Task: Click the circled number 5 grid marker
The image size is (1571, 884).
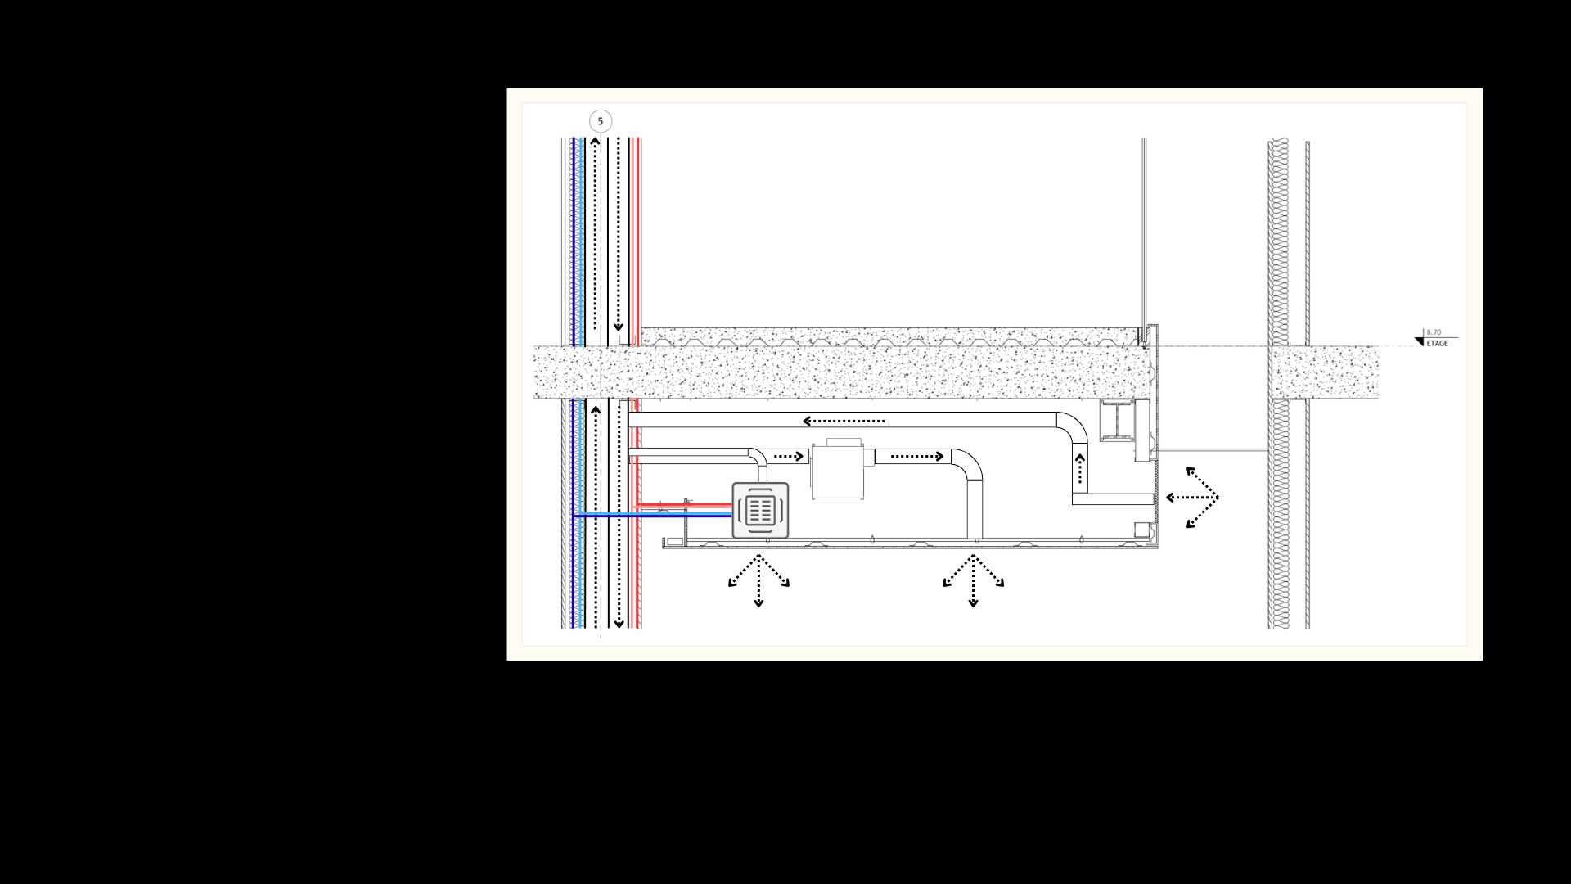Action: [x=601, y=121]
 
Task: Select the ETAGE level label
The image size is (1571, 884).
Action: [x=1437, y=344]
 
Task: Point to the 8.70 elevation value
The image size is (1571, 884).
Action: [x=1434, y=332]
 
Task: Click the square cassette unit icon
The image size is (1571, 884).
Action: [x=760, y=510]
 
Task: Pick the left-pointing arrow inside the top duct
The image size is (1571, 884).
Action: [x=844, y=421]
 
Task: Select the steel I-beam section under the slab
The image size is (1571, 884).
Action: [x=1117, y=420]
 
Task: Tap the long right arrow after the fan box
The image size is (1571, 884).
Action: [x=917, y=456]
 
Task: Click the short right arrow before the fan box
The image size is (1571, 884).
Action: [x=789, y=456]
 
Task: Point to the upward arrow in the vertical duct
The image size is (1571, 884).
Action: [x=1080, y=469]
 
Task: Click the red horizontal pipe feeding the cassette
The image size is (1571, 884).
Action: [x=682, y=506]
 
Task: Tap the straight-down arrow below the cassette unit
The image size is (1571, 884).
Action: [x=758, y=581]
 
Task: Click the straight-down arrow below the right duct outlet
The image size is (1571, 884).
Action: [x=973, y=581]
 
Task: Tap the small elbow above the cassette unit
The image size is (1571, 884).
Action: [x=758, y=458]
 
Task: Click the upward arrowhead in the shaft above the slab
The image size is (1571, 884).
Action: [x=596, y=142]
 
